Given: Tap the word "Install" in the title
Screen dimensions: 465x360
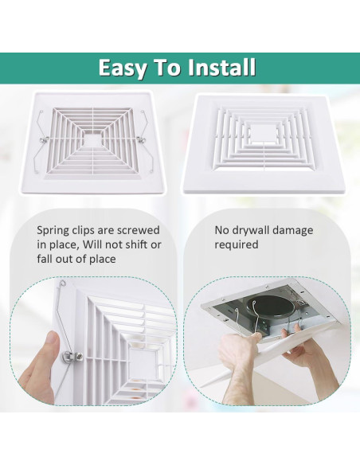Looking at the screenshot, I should (222, 68).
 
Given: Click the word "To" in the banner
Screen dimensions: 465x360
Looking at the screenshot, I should (170, 68).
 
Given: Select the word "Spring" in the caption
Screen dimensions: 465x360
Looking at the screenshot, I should (55, 231).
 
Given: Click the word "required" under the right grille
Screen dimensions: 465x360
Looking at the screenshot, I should (237, 244).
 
